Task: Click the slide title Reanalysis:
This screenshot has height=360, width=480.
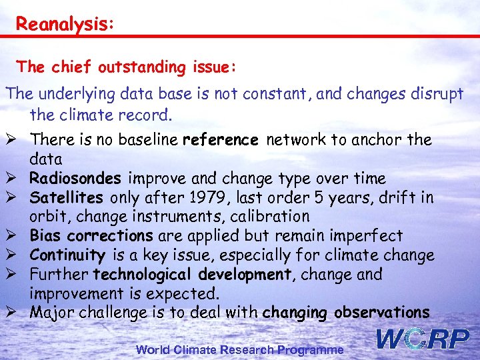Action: click(65, 24)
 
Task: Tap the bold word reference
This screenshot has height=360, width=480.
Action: click(220, 140)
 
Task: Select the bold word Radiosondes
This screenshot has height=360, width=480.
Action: click(75, 179)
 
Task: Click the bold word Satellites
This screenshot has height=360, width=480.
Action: click(67, 198)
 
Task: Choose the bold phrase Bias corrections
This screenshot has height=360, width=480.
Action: click(91, 236)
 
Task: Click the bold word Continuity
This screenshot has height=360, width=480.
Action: click(67, 255)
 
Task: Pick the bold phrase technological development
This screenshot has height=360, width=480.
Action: click(181, 275)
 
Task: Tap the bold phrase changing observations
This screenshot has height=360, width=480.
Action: click(346, 313)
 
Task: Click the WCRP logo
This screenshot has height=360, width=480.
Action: click(423, 339)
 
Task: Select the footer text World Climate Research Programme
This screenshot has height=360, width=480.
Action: click(240, 349)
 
